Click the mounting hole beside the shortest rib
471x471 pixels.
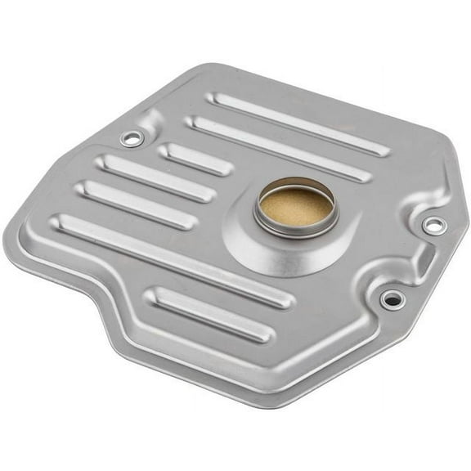point(131,139)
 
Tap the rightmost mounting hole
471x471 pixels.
point(433,225)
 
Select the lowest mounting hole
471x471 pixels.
point(392,299)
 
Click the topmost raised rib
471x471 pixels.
point(298,123)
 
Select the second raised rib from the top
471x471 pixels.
point(278,148)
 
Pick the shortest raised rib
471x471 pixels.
point(195,159)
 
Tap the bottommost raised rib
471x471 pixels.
point(210,313)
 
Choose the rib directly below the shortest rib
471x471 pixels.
point(155,177)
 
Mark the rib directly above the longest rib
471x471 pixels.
point(136,204)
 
